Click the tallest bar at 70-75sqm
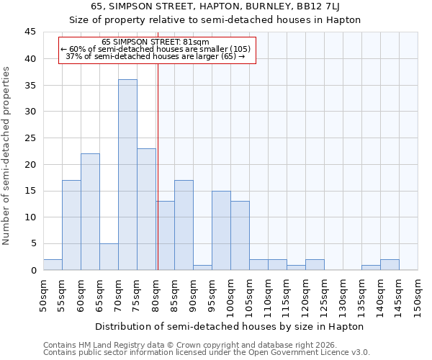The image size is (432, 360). point(127,175)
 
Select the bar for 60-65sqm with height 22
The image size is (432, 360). point(90,212)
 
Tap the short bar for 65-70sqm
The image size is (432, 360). point(109,257)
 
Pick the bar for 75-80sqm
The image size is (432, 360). point(146,209)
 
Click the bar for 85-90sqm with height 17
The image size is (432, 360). point(184,225)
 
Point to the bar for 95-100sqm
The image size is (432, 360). point(221,230)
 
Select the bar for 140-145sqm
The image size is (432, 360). point(390,265)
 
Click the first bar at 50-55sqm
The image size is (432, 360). point(53,265)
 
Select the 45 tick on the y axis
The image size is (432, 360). point(30,32)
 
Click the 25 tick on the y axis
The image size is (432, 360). point(30,138)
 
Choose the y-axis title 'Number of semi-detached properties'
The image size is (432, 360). point(7,156)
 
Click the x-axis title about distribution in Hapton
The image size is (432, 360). point(229,326)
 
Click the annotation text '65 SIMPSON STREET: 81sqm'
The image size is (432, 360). point(156,42)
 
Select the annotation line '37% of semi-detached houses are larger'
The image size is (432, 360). point(156,56)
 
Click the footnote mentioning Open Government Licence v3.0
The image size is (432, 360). point(207,353)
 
